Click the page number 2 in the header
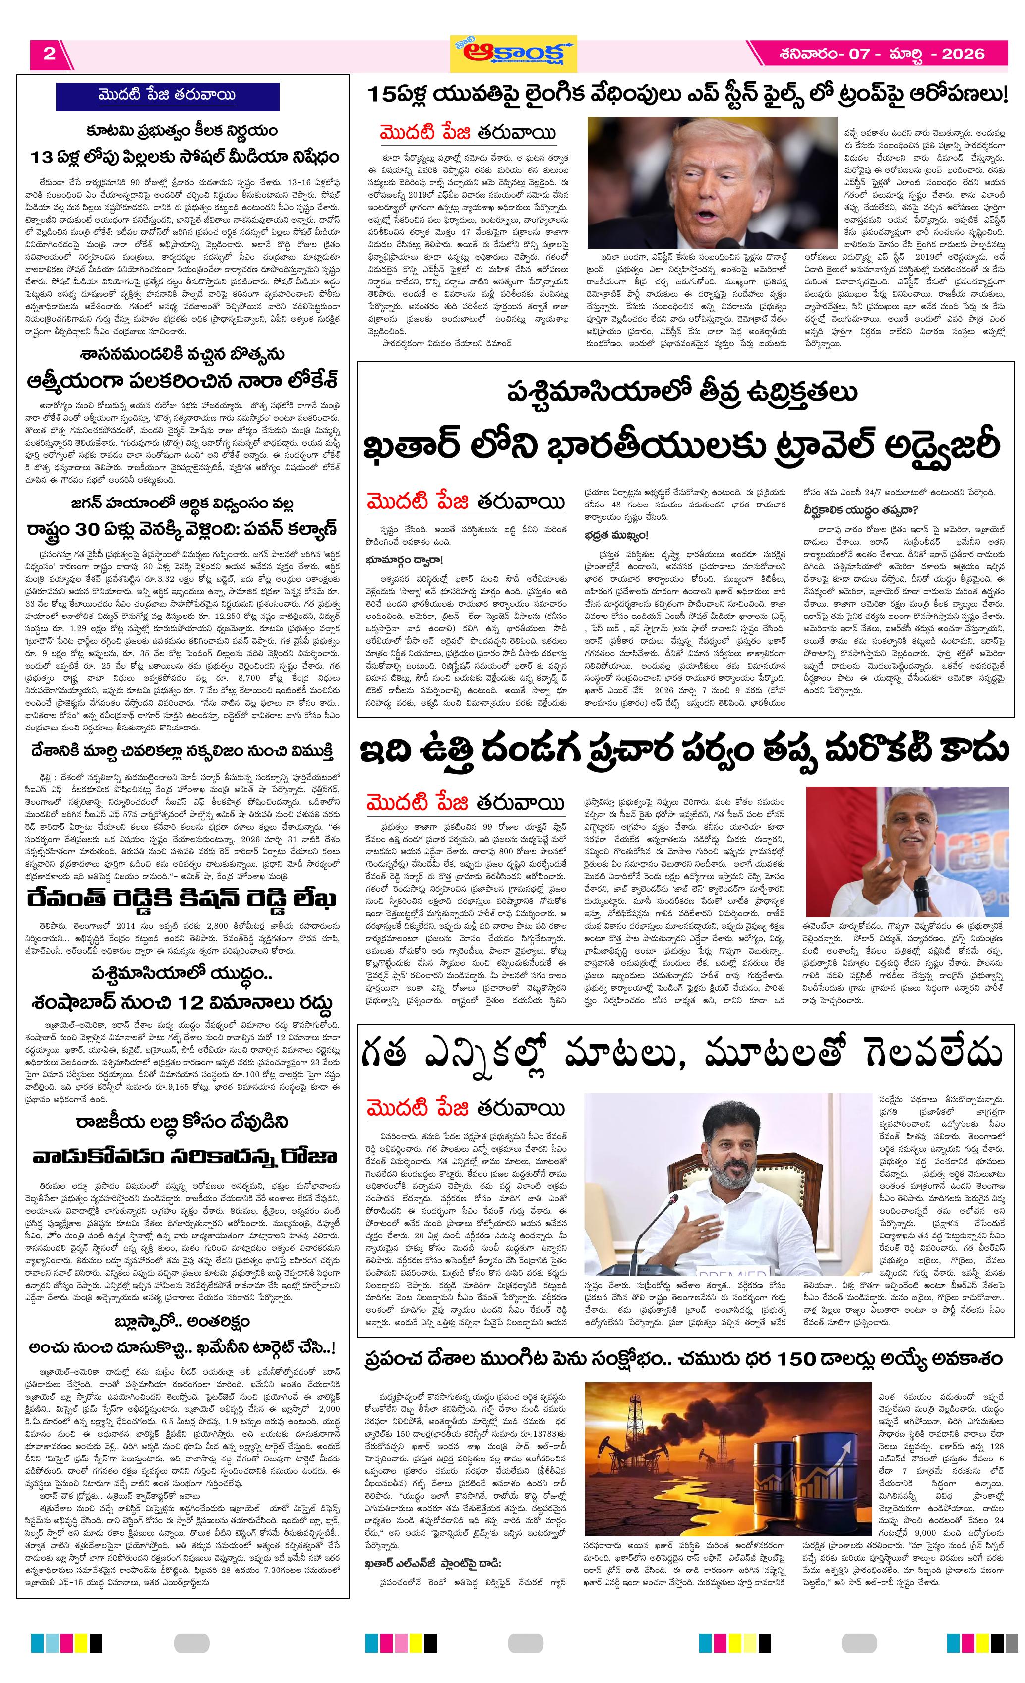click(x=49, y=54)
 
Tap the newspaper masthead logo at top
click(x=513, y=53)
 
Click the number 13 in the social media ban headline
click(x=42, y=158)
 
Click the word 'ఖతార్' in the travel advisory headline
click(x=411, y=446)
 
